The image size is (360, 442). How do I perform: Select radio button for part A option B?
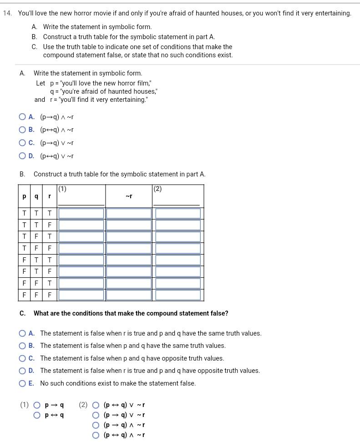(x=22, y=130)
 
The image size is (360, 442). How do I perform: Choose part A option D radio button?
(x=22, y=156)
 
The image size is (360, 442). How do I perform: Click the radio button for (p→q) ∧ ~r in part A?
(x=22, y=117)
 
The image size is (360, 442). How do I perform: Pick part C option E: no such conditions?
(x=22, y=383)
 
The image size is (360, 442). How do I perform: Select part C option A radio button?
(x=22, y=333)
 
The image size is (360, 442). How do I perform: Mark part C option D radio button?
(x=22, y=371)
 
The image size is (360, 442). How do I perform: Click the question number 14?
(x=7, y=13)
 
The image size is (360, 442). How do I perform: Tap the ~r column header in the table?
(x=129, y=196)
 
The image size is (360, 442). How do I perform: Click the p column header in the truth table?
(x=24, y=196)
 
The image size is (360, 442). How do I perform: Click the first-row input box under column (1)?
(x=81, y=213)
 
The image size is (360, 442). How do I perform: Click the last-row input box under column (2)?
(x=178, y=295)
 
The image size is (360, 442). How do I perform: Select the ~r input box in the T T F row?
(x=129, y=225)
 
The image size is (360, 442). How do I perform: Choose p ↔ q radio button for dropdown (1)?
(x=37, y=415)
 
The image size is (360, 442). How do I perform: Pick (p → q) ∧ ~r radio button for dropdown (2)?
(x=96, y=425)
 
